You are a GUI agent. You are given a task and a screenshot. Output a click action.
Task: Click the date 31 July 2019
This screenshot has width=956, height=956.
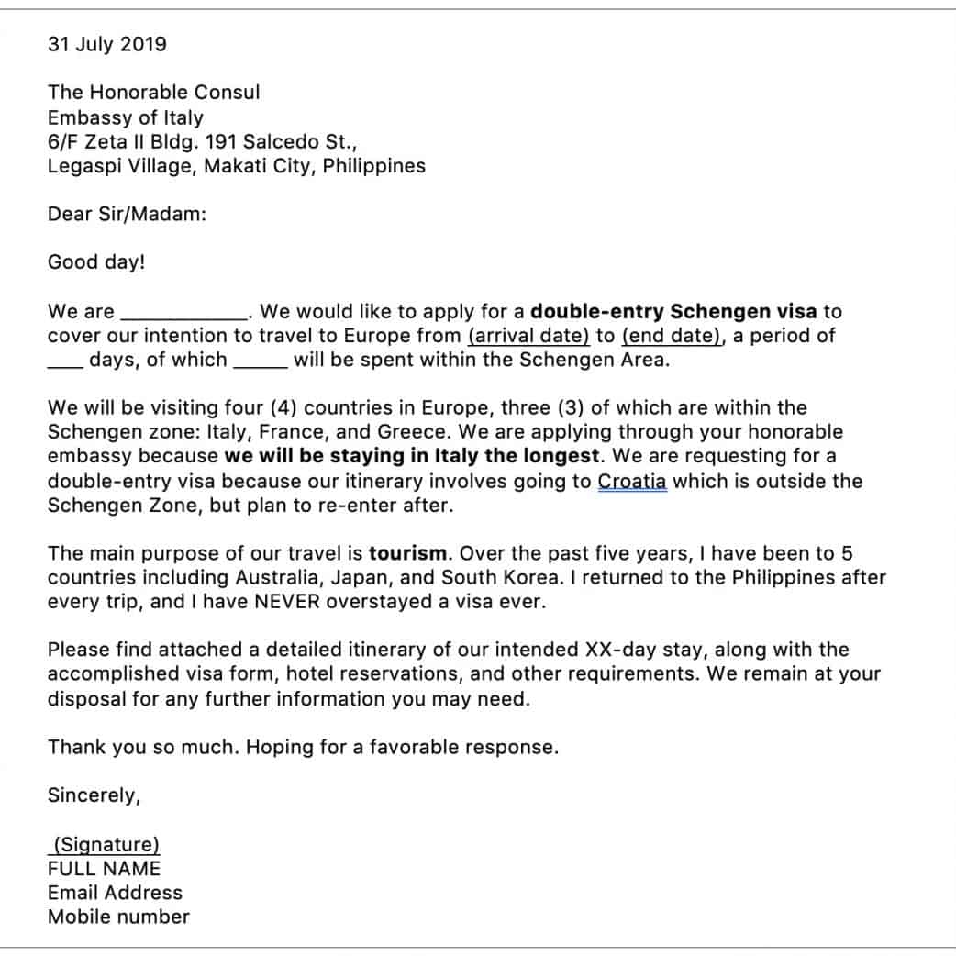pyautogui.click(x=107, y=44)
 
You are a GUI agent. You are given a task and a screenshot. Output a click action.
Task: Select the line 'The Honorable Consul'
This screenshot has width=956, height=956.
pyautogui.click(x=153, y=93)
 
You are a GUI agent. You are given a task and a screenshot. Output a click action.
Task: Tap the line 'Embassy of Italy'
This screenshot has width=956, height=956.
pyautogui.click(x=126, y=117)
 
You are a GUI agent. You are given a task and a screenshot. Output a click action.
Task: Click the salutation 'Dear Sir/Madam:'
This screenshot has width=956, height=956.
pyautogui.click(x=127, y=214)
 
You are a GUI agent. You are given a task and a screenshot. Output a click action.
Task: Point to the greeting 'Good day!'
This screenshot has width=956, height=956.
pyautogui.click(x=96, y=262)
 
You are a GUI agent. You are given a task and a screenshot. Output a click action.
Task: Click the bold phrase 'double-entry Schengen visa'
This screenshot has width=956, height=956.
pyautogui.click(x=673, y=311)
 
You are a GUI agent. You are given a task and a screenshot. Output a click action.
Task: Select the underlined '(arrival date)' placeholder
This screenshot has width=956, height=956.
pyautogui.click(x=528, y=336)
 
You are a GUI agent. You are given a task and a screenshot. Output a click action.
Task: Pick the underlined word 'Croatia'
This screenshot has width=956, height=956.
pyautogui.click(x=632, y=481)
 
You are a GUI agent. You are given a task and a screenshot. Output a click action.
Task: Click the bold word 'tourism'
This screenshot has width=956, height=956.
pyautogui.click(x=408, y=553)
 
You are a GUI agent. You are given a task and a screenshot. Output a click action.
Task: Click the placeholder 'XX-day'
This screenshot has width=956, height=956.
pyautogui.click(x=618, y=650)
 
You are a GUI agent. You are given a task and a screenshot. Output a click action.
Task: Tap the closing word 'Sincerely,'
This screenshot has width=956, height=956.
pyautogui.click(x=94, y=795)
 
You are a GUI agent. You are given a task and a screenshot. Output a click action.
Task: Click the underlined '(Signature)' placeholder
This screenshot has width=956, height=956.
pyautogui.click(x=106, y=845)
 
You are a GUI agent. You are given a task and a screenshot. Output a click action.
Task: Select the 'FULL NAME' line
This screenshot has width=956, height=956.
pyautogui.click(x=104, y=869)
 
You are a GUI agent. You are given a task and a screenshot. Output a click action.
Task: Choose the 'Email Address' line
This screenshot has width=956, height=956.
pyautogui.click(x=115, y=893)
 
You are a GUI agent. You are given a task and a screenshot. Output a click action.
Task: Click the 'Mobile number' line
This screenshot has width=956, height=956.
pyautogui.click(x=118, y=917)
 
